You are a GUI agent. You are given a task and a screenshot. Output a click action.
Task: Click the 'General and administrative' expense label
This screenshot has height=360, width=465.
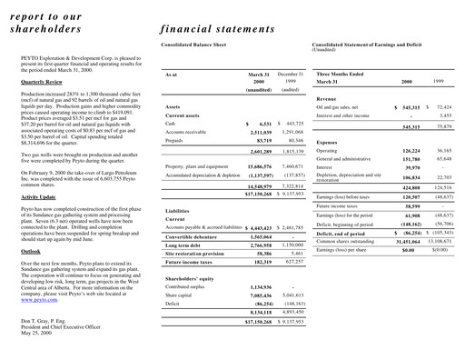pos(350,159)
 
